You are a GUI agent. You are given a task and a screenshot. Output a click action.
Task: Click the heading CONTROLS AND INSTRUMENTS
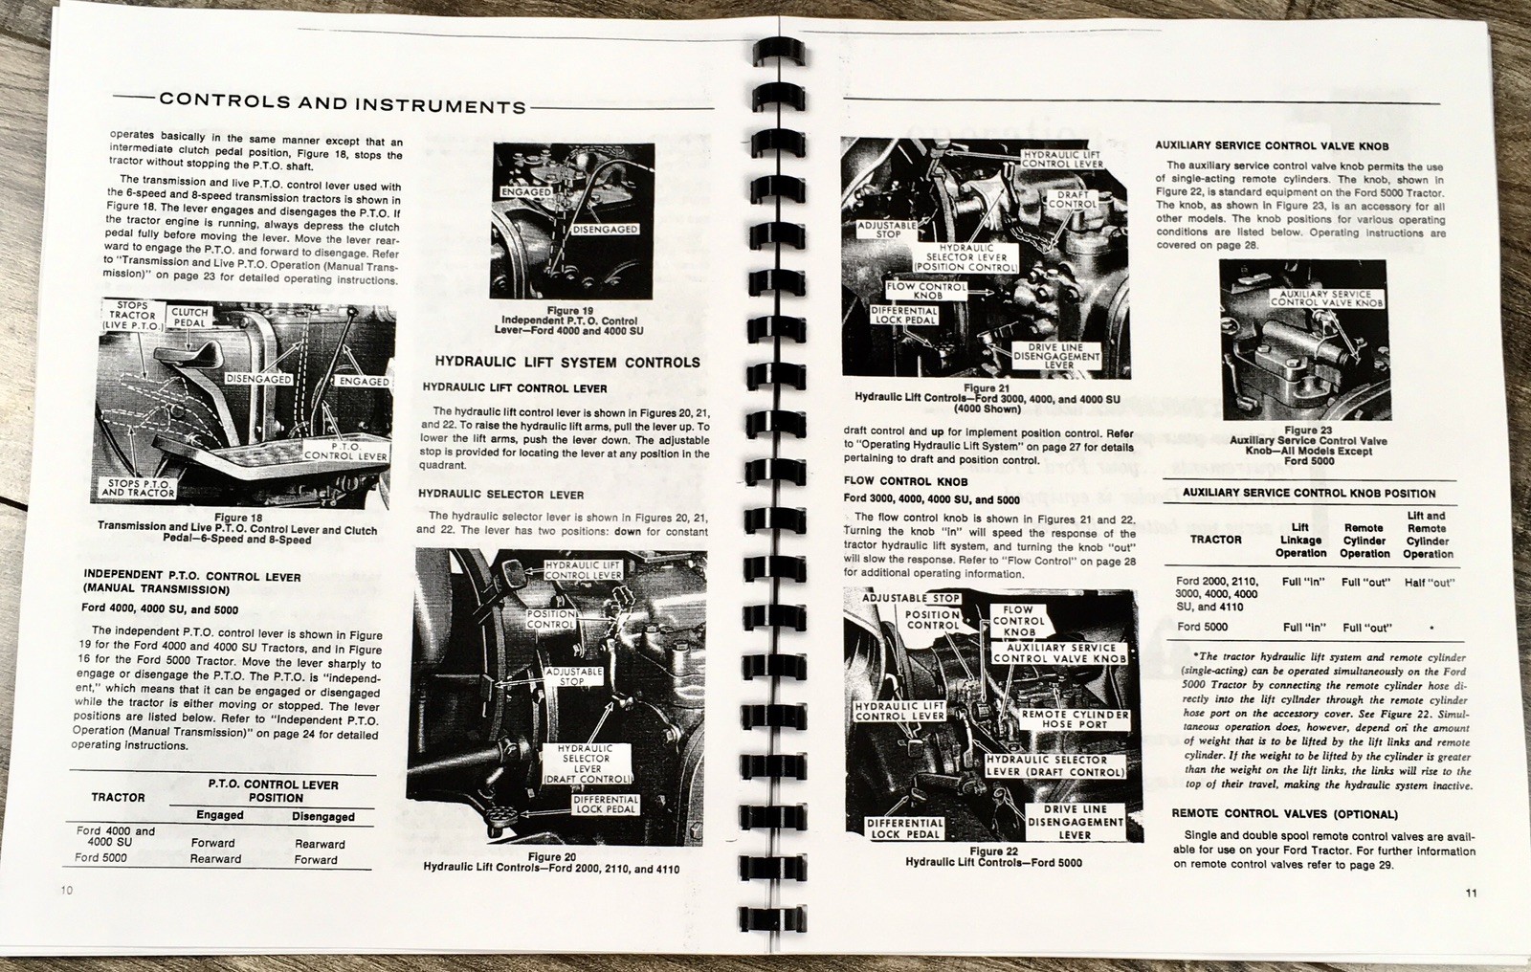pos(343,102)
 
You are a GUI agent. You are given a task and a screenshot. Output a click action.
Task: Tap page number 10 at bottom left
pos(65,890)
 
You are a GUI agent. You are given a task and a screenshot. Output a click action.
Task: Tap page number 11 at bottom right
pos(1471,894)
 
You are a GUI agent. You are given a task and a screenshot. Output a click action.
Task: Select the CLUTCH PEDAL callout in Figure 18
pos(189,318)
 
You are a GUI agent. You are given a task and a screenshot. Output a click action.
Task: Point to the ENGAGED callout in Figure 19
pos(526,192)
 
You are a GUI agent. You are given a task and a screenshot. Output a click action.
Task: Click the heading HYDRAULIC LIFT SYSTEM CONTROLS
pos(567,363)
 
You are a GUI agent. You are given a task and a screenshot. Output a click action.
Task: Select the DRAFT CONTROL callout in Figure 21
pos(1073,198)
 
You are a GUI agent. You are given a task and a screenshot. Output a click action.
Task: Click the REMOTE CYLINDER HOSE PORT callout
pos(1075,719)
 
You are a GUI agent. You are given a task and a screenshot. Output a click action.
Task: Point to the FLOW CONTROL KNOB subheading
pos(905,481)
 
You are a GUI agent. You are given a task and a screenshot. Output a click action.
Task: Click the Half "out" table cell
pos(1429,582)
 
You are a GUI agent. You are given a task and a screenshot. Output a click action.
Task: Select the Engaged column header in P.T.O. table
pos(219,815)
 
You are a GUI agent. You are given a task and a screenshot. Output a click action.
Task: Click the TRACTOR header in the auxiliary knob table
pos(1215,540)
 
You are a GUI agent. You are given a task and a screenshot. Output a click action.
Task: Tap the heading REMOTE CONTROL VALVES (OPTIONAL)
pos(1284,814)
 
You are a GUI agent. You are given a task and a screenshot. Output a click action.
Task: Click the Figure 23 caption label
pos(1307,431)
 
